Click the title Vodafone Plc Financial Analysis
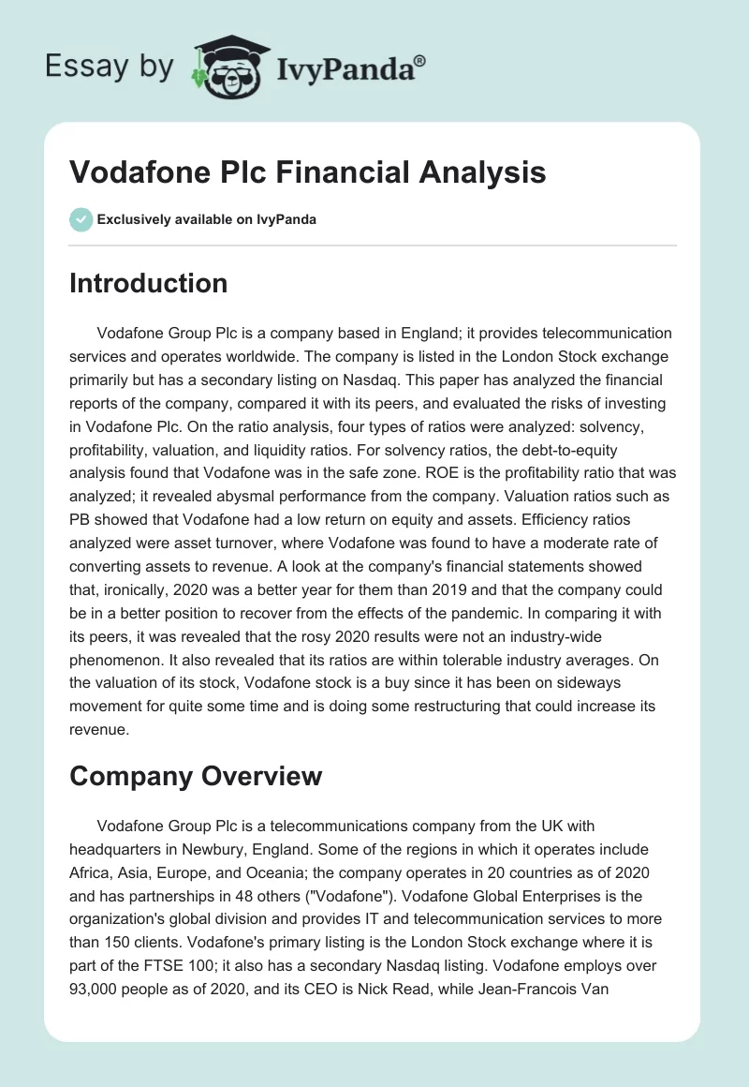[x=307, y=172]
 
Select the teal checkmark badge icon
[x=81, y=219]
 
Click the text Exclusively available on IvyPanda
[x=207, y=219]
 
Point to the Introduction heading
[x=148, y=283]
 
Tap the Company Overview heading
[x=195, y=776]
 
